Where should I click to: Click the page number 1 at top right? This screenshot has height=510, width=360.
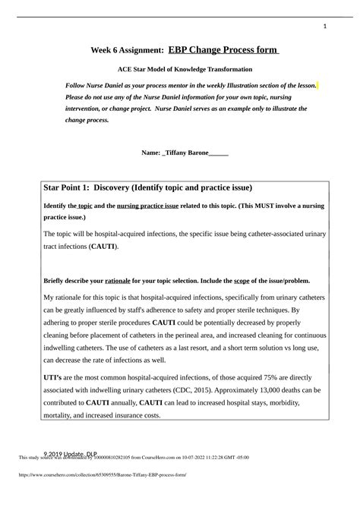click(x=324, y=27)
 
